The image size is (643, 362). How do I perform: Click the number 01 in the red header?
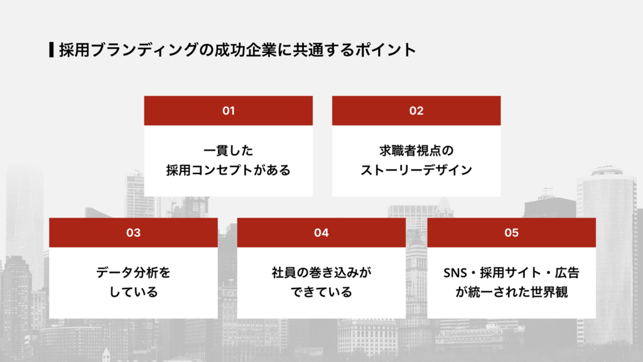[229, 111]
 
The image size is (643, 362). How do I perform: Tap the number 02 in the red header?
[416, 111]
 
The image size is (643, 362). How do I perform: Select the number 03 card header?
[133, 233]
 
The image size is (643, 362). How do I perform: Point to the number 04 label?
[321, 233]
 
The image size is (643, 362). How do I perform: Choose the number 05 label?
[511, 233]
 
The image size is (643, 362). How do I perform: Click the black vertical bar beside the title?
[51, 50]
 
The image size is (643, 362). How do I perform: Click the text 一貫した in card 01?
[229, 151]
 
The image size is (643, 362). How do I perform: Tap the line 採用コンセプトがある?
[229, 170]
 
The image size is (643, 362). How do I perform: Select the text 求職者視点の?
[416, 151]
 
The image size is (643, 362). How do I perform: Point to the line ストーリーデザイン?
[416, 170]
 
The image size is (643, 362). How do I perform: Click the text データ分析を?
[133, 273]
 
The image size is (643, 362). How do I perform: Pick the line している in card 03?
[133, 292]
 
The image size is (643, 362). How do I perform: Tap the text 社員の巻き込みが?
[321, 273]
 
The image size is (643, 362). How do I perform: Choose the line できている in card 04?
[321, 292]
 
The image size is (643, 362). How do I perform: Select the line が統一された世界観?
[511, 292]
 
